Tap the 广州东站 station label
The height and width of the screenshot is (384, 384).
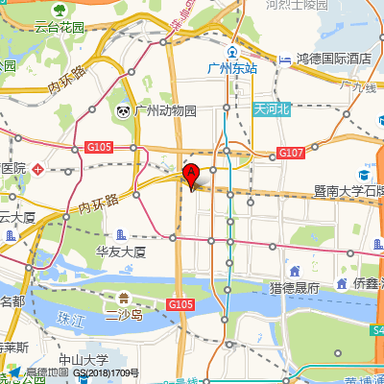(233, 68)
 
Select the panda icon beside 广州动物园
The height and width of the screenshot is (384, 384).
(125, 111)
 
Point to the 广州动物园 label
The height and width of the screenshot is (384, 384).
(165, 111)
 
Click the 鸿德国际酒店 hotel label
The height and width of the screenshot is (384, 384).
(333, 60)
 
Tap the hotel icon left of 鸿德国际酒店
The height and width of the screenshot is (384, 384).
(285, 60)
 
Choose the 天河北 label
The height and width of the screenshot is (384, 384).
(271, 109)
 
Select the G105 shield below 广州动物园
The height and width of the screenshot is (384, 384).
(98, 147)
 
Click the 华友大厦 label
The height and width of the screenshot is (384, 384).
(120, 252)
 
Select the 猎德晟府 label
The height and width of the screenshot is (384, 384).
(294, 287)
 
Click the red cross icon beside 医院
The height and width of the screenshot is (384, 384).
(37, 169)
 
